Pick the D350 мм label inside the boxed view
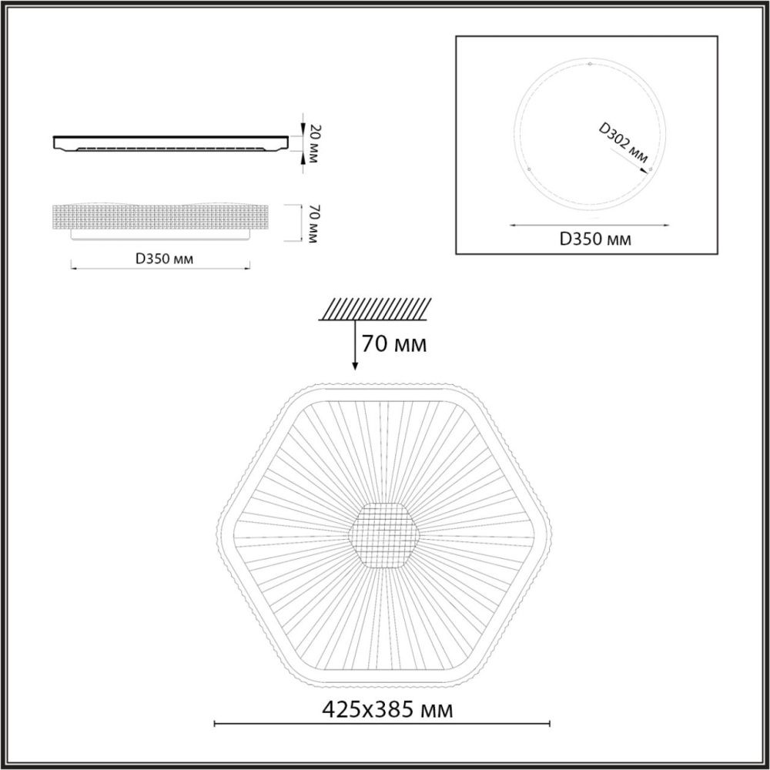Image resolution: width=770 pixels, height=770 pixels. (594, 239)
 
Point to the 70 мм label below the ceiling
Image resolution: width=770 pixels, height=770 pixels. (394, 344)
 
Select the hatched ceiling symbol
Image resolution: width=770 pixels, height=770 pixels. (375, 310)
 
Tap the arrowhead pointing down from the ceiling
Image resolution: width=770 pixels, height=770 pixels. (354, 366)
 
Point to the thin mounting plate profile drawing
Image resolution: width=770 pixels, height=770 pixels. (169, 143)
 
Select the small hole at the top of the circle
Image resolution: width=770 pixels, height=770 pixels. (590, 64)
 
